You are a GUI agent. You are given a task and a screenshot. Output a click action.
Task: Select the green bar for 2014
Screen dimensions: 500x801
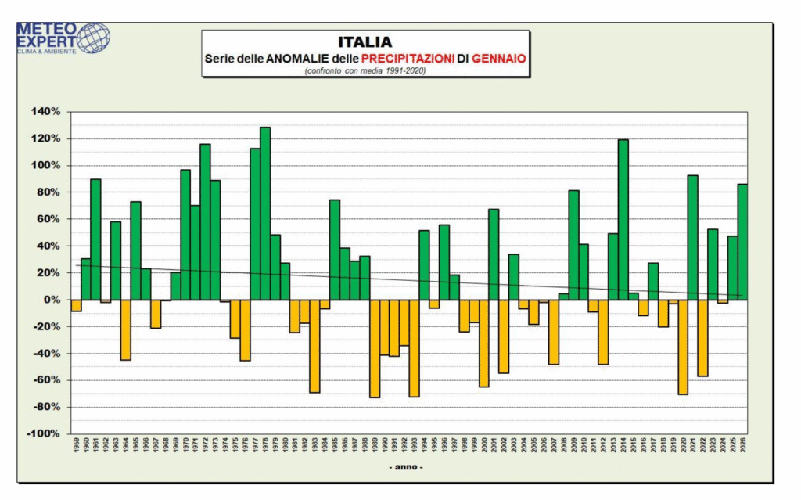pos(623,219)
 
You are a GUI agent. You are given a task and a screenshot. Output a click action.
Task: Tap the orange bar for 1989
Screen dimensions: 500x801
pos(375,348)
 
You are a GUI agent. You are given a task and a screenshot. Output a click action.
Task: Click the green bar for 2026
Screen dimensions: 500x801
pos(742,242)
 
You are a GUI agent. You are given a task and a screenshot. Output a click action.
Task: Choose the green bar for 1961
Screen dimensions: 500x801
pos(95,239)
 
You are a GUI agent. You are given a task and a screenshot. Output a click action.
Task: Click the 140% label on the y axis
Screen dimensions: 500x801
pos(45,112)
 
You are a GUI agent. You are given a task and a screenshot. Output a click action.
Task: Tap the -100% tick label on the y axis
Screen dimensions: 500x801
pos(44,433)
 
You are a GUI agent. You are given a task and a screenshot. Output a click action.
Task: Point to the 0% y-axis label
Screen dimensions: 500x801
pos(51,300)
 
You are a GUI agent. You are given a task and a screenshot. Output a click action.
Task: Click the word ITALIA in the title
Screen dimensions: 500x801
pos(365,41)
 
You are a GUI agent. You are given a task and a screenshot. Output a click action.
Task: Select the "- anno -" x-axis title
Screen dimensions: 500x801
pos(406,467)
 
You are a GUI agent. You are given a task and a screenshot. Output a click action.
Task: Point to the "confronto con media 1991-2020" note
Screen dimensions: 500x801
pos(365,70)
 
